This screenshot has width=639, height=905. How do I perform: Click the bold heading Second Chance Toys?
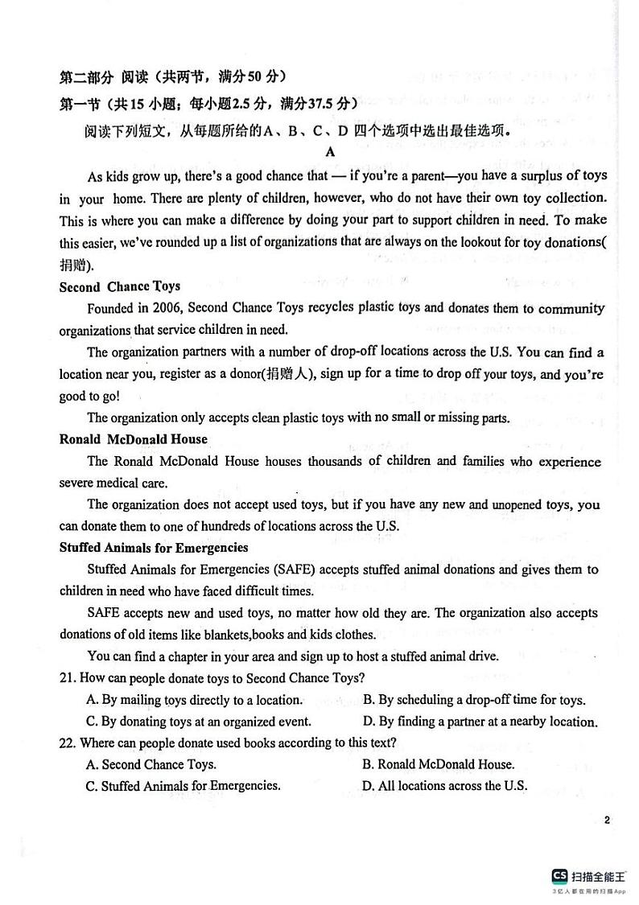[120, 286]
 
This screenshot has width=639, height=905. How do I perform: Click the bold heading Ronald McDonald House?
[134, 439]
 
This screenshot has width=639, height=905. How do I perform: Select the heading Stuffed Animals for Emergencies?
[154, 548]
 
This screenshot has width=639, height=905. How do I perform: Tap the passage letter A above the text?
[330, 151]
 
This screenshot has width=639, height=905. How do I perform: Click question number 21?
[68, 678]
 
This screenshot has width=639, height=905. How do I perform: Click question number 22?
[68, 743]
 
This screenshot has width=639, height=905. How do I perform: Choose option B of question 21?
[474, 700]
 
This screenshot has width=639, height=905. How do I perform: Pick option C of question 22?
[183, 786]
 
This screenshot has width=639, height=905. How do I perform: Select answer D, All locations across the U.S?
[445, 786]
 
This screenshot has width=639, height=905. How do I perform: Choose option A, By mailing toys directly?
[194, 700]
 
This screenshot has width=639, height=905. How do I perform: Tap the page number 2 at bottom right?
[607, 821]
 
